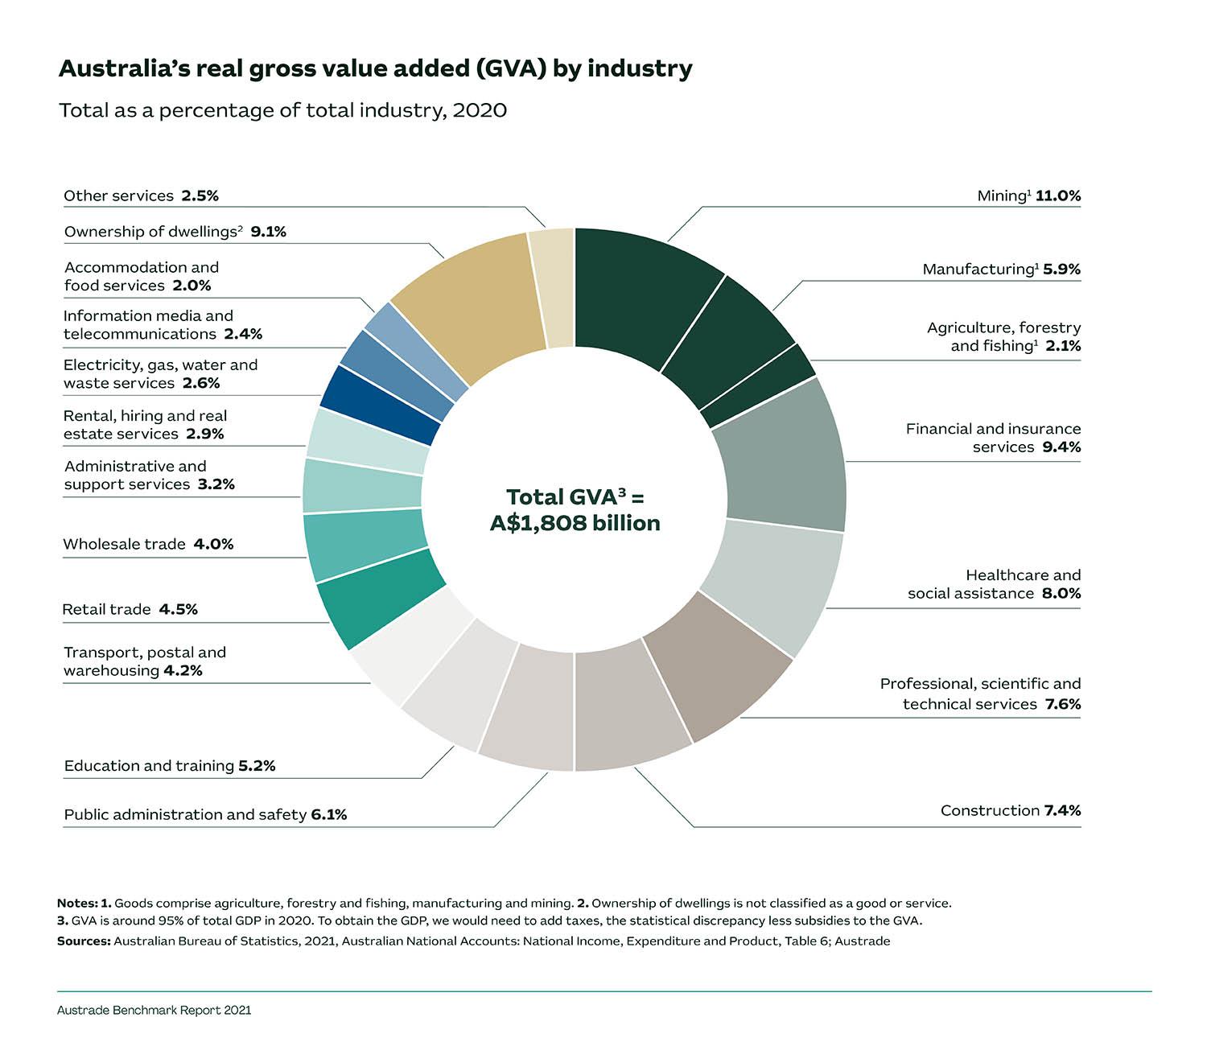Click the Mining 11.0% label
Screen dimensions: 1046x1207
1028,196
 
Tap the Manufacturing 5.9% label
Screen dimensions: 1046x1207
1001,269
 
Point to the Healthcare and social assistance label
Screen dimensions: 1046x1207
994,584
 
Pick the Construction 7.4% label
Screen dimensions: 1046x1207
1010,810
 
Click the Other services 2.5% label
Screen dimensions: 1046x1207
141,196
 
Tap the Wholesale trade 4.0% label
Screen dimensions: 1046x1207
148,544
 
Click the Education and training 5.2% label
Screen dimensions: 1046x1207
169,765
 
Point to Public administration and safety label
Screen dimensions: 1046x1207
205,814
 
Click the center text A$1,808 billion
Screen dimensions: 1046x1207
575,523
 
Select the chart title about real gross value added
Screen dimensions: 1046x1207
375,68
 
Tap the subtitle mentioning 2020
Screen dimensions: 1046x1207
282,109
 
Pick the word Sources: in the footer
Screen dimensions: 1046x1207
83,941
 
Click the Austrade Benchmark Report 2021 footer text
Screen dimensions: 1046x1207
154,1010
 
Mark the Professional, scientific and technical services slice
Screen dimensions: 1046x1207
716,676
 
